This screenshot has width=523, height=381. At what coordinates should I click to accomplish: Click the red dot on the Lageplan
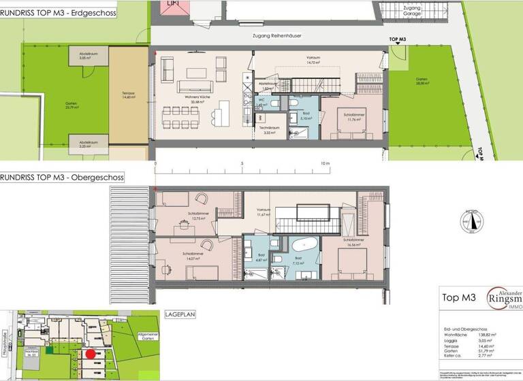point(91,354)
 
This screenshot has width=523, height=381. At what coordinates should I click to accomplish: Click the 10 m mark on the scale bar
point(325,164)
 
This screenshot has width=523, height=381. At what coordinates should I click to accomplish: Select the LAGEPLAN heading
point(179,315)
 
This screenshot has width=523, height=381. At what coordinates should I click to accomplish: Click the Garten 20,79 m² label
point(51,105)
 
